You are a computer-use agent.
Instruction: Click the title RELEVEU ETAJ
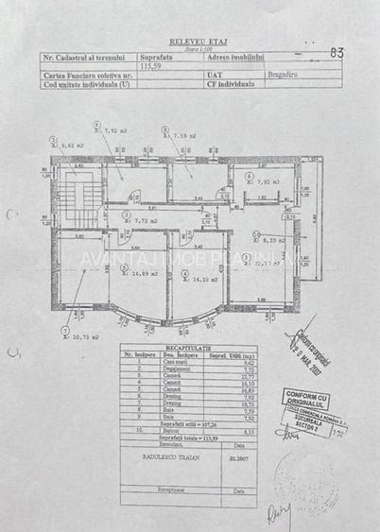pyautogui.click(x=192, y=43)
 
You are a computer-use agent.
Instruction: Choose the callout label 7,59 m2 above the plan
pyautogui.click(x=183, y=136)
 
